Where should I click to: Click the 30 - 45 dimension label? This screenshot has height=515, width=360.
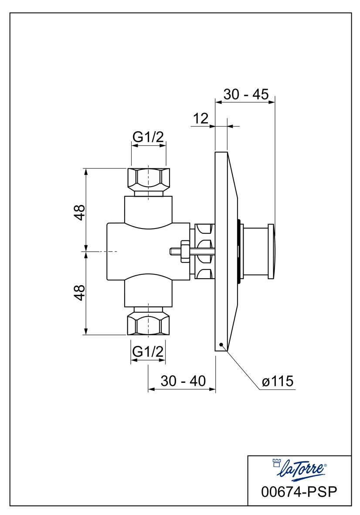pos(245,94)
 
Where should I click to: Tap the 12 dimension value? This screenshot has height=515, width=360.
pos(200,118)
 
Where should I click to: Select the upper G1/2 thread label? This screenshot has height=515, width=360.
pos(148,137)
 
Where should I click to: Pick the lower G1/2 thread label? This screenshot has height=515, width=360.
pos(148,351)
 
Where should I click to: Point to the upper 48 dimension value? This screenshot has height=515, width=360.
pos(79,212)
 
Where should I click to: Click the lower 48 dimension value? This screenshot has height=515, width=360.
pos(79,292)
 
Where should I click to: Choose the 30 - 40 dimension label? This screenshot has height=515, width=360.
pos(183,381)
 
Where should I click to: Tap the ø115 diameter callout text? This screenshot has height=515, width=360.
pos(278,382)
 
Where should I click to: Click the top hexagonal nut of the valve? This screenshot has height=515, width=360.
pos(148,178)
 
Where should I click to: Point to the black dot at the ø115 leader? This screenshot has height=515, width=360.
pos(221,344)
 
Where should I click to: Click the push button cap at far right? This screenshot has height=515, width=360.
pos(271,251)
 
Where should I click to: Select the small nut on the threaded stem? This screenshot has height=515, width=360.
pos(184,251)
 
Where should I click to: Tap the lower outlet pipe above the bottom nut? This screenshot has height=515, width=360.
pos(148,293)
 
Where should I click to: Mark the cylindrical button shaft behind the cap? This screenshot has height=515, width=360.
pos(255,251)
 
